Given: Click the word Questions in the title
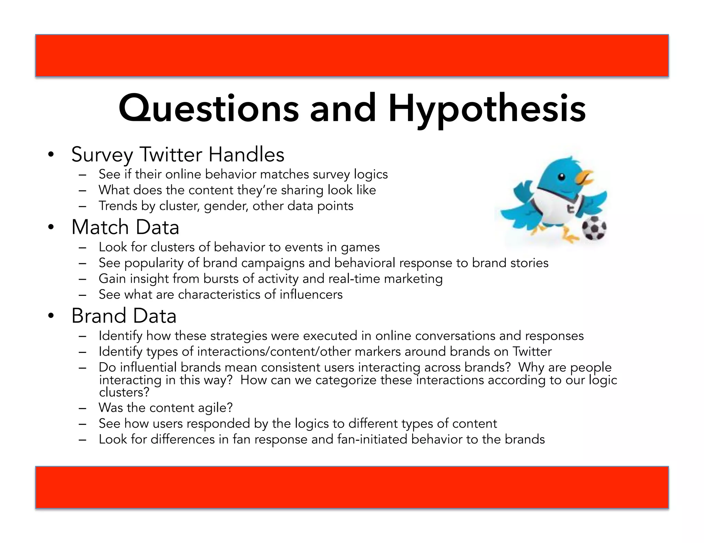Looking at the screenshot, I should pyautogui.click(x=209, y=109).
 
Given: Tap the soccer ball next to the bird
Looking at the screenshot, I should pyautogui.click(x=594, y=228).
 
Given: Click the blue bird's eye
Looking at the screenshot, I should pyautogui.click(x=561, y=177).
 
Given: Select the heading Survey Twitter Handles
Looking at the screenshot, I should pyautogui.click(x=178, y=154).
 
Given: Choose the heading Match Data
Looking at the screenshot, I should pyautogui.click(x=125, y=227).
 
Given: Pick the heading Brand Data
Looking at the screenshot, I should pyautogui.click(x=124, y=316).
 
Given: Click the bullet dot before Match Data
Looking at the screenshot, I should pyautogui.click(x=51, y=227).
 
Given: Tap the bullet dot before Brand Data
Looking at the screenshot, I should pyautogui.click(x=51, y=316).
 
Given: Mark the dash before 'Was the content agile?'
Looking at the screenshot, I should pyautogui.click(x=82, y=408).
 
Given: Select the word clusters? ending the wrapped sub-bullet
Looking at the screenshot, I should pyautogui.click(x=124, y=392).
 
